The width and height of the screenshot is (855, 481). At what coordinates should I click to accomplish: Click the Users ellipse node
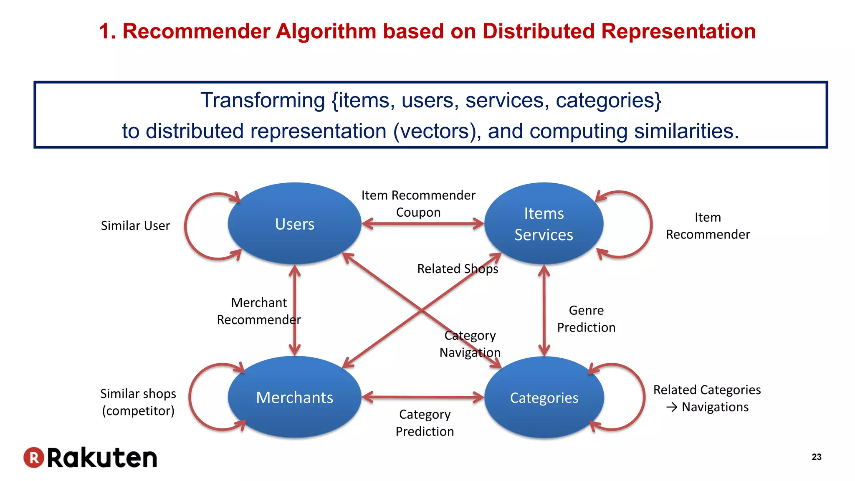tap(294, 224)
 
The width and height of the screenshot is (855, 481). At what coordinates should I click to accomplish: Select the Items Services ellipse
tap(544, 224)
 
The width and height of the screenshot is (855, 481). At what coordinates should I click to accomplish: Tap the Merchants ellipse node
tap(294, 397)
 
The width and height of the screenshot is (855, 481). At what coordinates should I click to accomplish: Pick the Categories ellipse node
tap(544, 397)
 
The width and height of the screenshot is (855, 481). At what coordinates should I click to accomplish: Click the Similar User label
tap(135, 225)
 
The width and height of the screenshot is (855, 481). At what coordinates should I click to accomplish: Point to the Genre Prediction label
tap(586, 319)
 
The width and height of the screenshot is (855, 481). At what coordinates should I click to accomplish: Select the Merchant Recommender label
tap(259, 311)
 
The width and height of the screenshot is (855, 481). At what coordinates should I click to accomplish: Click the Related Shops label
tap(458, 268)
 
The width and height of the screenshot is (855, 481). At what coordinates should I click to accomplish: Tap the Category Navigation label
tap(470, 344)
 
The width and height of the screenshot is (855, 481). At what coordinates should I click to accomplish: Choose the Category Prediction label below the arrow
tap(425, 423)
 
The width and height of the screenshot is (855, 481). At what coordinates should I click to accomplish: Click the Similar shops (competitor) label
tap(138, 402)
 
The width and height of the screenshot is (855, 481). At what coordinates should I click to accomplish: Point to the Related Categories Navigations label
tap(707, 398)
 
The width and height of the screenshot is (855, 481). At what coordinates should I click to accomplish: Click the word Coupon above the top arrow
tap(418, 212)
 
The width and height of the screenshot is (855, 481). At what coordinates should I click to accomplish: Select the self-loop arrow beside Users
tap(186, 226)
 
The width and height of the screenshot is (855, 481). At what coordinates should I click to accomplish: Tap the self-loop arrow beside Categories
tap(643, 397)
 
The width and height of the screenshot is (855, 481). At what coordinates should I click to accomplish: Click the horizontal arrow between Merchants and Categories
tap(422, 397)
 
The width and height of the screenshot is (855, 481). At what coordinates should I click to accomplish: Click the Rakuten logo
tap(90, 458)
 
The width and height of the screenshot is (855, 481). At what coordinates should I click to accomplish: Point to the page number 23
tap(816, 457)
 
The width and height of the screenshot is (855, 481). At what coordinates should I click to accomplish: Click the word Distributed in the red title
tap(538, 31)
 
